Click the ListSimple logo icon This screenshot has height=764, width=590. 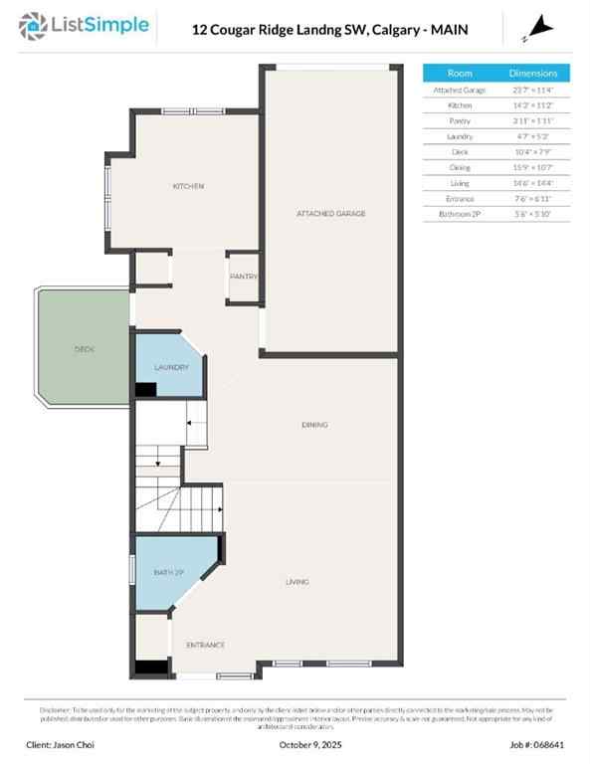click(x=37, y=26)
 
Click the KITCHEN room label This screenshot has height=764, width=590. click(x=188, y=186)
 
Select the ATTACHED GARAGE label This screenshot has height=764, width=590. click(x=331, y=214)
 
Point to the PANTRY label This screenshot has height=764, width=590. click(x=244, y=277)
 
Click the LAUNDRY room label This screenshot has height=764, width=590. click(x=171, y=368)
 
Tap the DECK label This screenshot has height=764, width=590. click(x=84, y=350)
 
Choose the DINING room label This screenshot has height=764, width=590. click(x=314, y=425)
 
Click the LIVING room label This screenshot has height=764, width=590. click(x=296, y=582)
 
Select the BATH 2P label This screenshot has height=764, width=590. click(x=168, y=573)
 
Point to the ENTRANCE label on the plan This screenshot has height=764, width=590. click(x=205, y=645)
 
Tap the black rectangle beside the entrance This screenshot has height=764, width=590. click(x=150, y=668)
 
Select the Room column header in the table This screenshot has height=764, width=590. click(x=460, y=74)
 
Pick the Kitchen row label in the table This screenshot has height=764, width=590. click(x=460, y=104)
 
